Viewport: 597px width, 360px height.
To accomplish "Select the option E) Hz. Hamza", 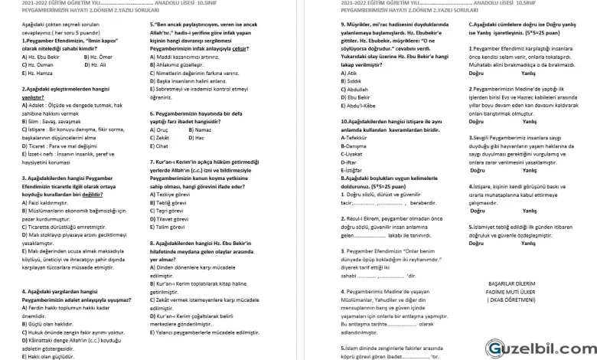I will click(x=38, y=73).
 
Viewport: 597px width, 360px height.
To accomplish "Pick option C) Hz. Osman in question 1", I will click(x=38, y=64).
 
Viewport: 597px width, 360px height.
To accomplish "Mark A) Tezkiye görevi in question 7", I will click(x=173, y=195).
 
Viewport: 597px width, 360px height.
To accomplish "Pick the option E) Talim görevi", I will click(x=171, y=227).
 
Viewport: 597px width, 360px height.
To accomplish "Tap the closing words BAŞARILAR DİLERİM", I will click(x=514, y=283).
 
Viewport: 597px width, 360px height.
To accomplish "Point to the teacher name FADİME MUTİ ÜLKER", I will click(x=514, y=290).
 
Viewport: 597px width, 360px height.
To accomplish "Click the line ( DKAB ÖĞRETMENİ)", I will click(x=514, y=299).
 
